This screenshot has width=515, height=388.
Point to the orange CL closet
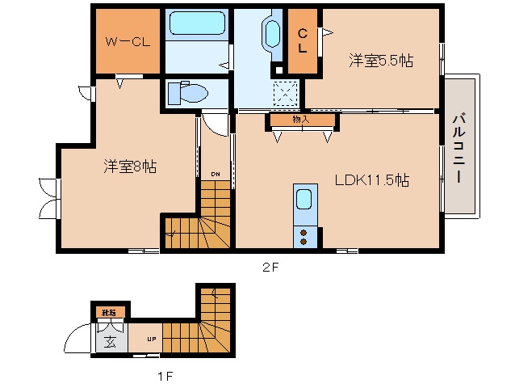click(x=303, y=40)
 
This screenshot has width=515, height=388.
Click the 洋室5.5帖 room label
click(x=381, y=60)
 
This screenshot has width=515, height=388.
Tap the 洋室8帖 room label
click(x=129, y=167)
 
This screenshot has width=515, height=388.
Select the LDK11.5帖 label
click(x=371, y=179)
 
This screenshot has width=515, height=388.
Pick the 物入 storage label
click(x=300, y=120)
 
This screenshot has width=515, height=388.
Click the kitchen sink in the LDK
click(x=304, y=200)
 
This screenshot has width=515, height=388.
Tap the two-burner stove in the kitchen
click(x=304, y=237)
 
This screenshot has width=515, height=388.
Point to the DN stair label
click(x=215, y=174)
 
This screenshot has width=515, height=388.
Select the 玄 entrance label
click(x=111, y=340)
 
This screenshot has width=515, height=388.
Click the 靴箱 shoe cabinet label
click(x=107, y=312)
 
